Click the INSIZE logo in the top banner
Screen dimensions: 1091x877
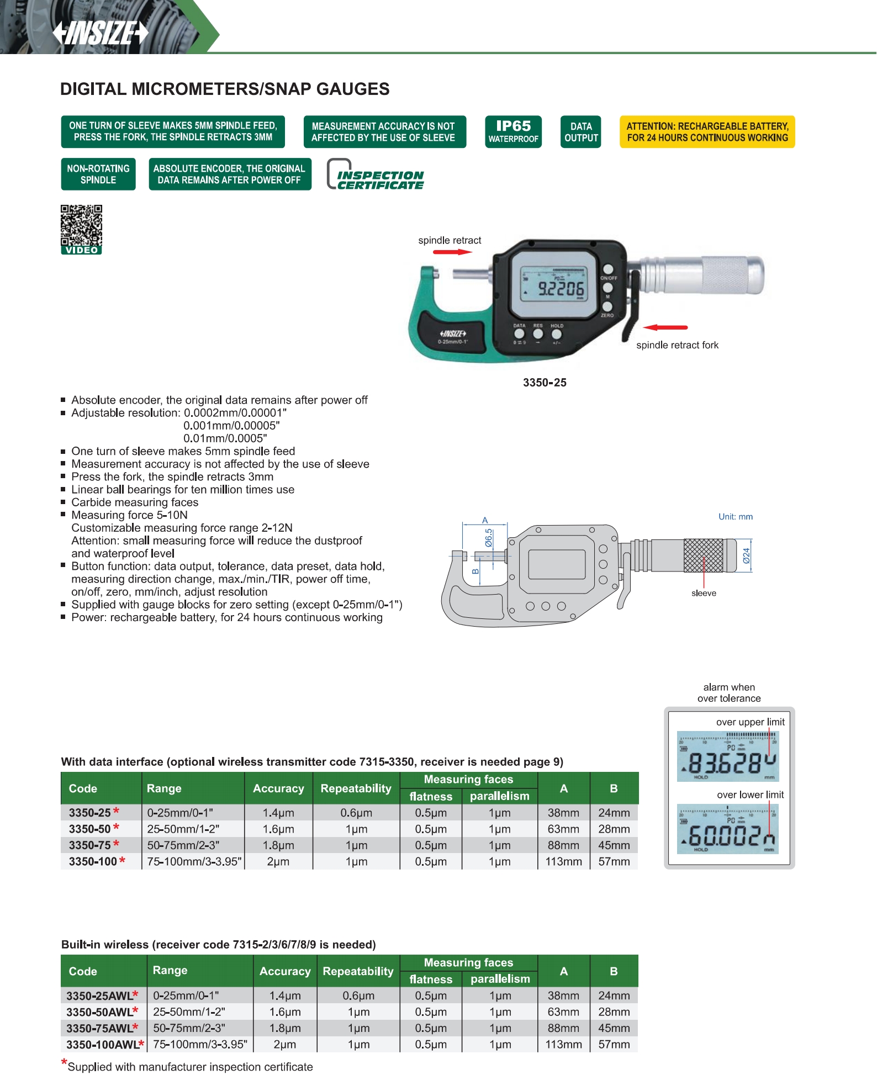pos(101,33)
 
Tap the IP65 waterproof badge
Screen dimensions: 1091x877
pos(513,132)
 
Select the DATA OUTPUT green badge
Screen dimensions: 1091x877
pos(581,132)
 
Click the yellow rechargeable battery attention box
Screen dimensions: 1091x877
pos(707,132)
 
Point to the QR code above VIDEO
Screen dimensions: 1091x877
pos(81,225)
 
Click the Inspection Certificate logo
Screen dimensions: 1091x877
pos(376,176)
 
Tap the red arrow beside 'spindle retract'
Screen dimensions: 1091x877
pos(452,252)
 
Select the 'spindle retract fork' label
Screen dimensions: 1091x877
pos(677,345)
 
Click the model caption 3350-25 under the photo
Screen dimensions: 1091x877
pos(545,383)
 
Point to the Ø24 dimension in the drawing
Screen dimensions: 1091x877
pos(746,555)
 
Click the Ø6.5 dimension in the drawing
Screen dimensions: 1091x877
pos(489,538)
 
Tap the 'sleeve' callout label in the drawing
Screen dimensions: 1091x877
pos(704,593)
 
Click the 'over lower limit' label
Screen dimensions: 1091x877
pos(750,795)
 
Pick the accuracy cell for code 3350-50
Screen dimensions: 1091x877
pos(278,829)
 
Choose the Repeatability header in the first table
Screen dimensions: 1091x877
pos(356,788)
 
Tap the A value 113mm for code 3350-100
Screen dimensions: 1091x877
pos(563,861)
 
